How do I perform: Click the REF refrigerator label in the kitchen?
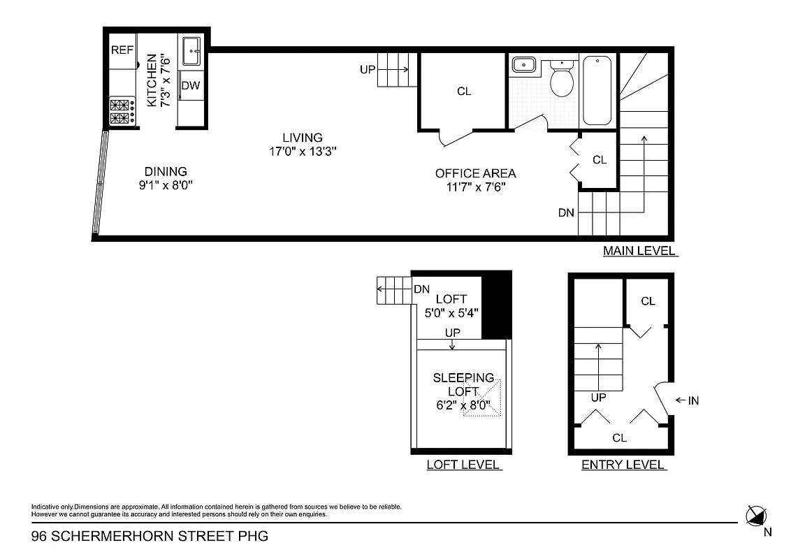pos(122,50)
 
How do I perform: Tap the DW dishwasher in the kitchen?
pos(191,86)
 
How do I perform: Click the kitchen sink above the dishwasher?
pos(191,51)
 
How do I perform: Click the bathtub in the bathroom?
pos(597,90)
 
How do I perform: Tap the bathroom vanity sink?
pos(523,65)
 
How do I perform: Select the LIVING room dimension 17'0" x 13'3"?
pos(303,151)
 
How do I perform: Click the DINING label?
pos(166,171)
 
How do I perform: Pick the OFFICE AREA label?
pos(475,173)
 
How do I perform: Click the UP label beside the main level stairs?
pos(368,69)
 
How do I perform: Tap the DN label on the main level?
pos(566,212)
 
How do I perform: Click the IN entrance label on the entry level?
pos(693,400)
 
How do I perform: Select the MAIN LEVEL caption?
pos(639,251)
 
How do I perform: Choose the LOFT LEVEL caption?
pos(463,465)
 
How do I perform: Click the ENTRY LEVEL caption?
pos(623,465)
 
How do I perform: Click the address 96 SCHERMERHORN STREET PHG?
pos(150,537)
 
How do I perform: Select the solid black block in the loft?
pos(497,305)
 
